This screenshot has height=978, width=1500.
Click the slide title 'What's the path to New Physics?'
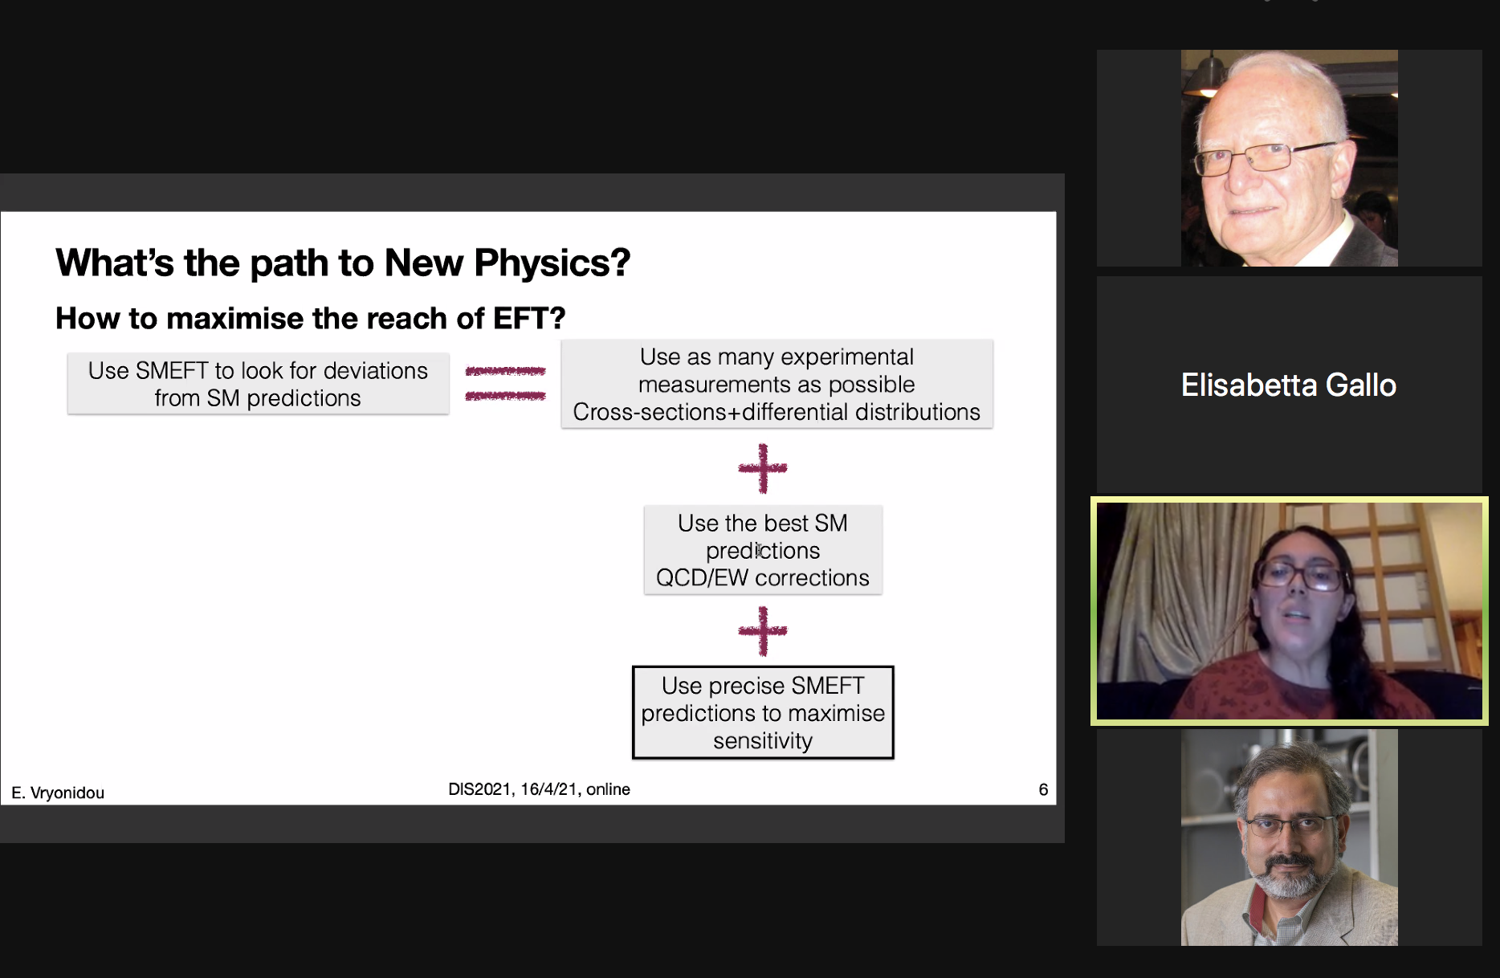click(343, 263)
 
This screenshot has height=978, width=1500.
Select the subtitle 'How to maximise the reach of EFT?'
click(310, 318)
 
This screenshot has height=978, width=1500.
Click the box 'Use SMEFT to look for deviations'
click(258, 384)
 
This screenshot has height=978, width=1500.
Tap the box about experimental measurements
click(776, 384)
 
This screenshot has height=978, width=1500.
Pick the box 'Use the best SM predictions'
click(763, 550)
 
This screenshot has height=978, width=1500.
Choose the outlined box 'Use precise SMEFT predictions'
click(763, 712)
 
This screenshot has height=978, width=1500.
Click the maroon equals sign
click(505, 383)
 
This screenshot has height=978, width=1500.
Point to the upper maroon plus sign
click(763, 468)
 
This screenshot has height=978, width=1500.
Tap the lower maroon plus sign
click(763, 631)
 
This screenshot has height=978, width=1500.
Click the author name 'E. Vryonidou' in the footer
click(58, 793)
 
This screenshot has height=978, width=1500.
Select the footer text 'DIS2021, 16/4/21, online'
click(539, 789)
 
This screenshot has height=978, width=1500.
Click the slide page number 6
click(1043, 789)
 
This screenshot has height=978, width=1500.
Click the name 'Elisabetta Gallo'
click(1289, 385)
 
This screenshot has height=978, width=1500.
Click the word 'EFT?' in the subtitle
click(529, 318)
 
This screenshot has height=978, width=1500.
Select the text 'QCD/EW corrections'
click(763, 578)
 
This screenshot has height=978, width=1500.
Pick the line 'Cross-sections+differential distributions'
click(776, 412)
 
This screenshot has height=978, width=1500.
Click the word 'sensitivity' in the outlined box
click(763, 740)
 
